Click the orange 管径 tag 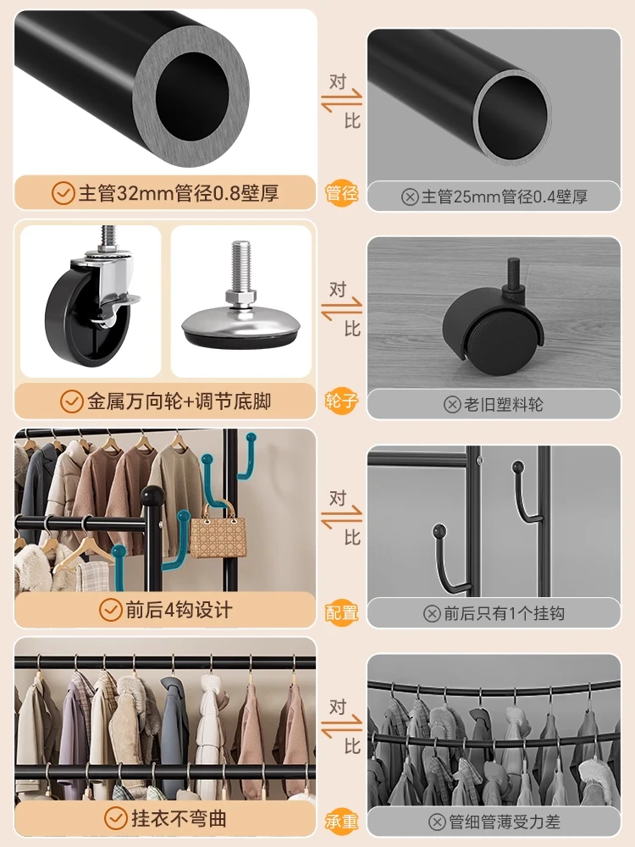pos(342,194)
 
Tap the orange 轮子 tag pos(342,401)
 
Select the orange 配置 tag pos(342,612)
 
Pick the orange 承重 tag pos(342,821)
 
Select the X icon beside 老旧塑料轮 pos(452,404)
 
